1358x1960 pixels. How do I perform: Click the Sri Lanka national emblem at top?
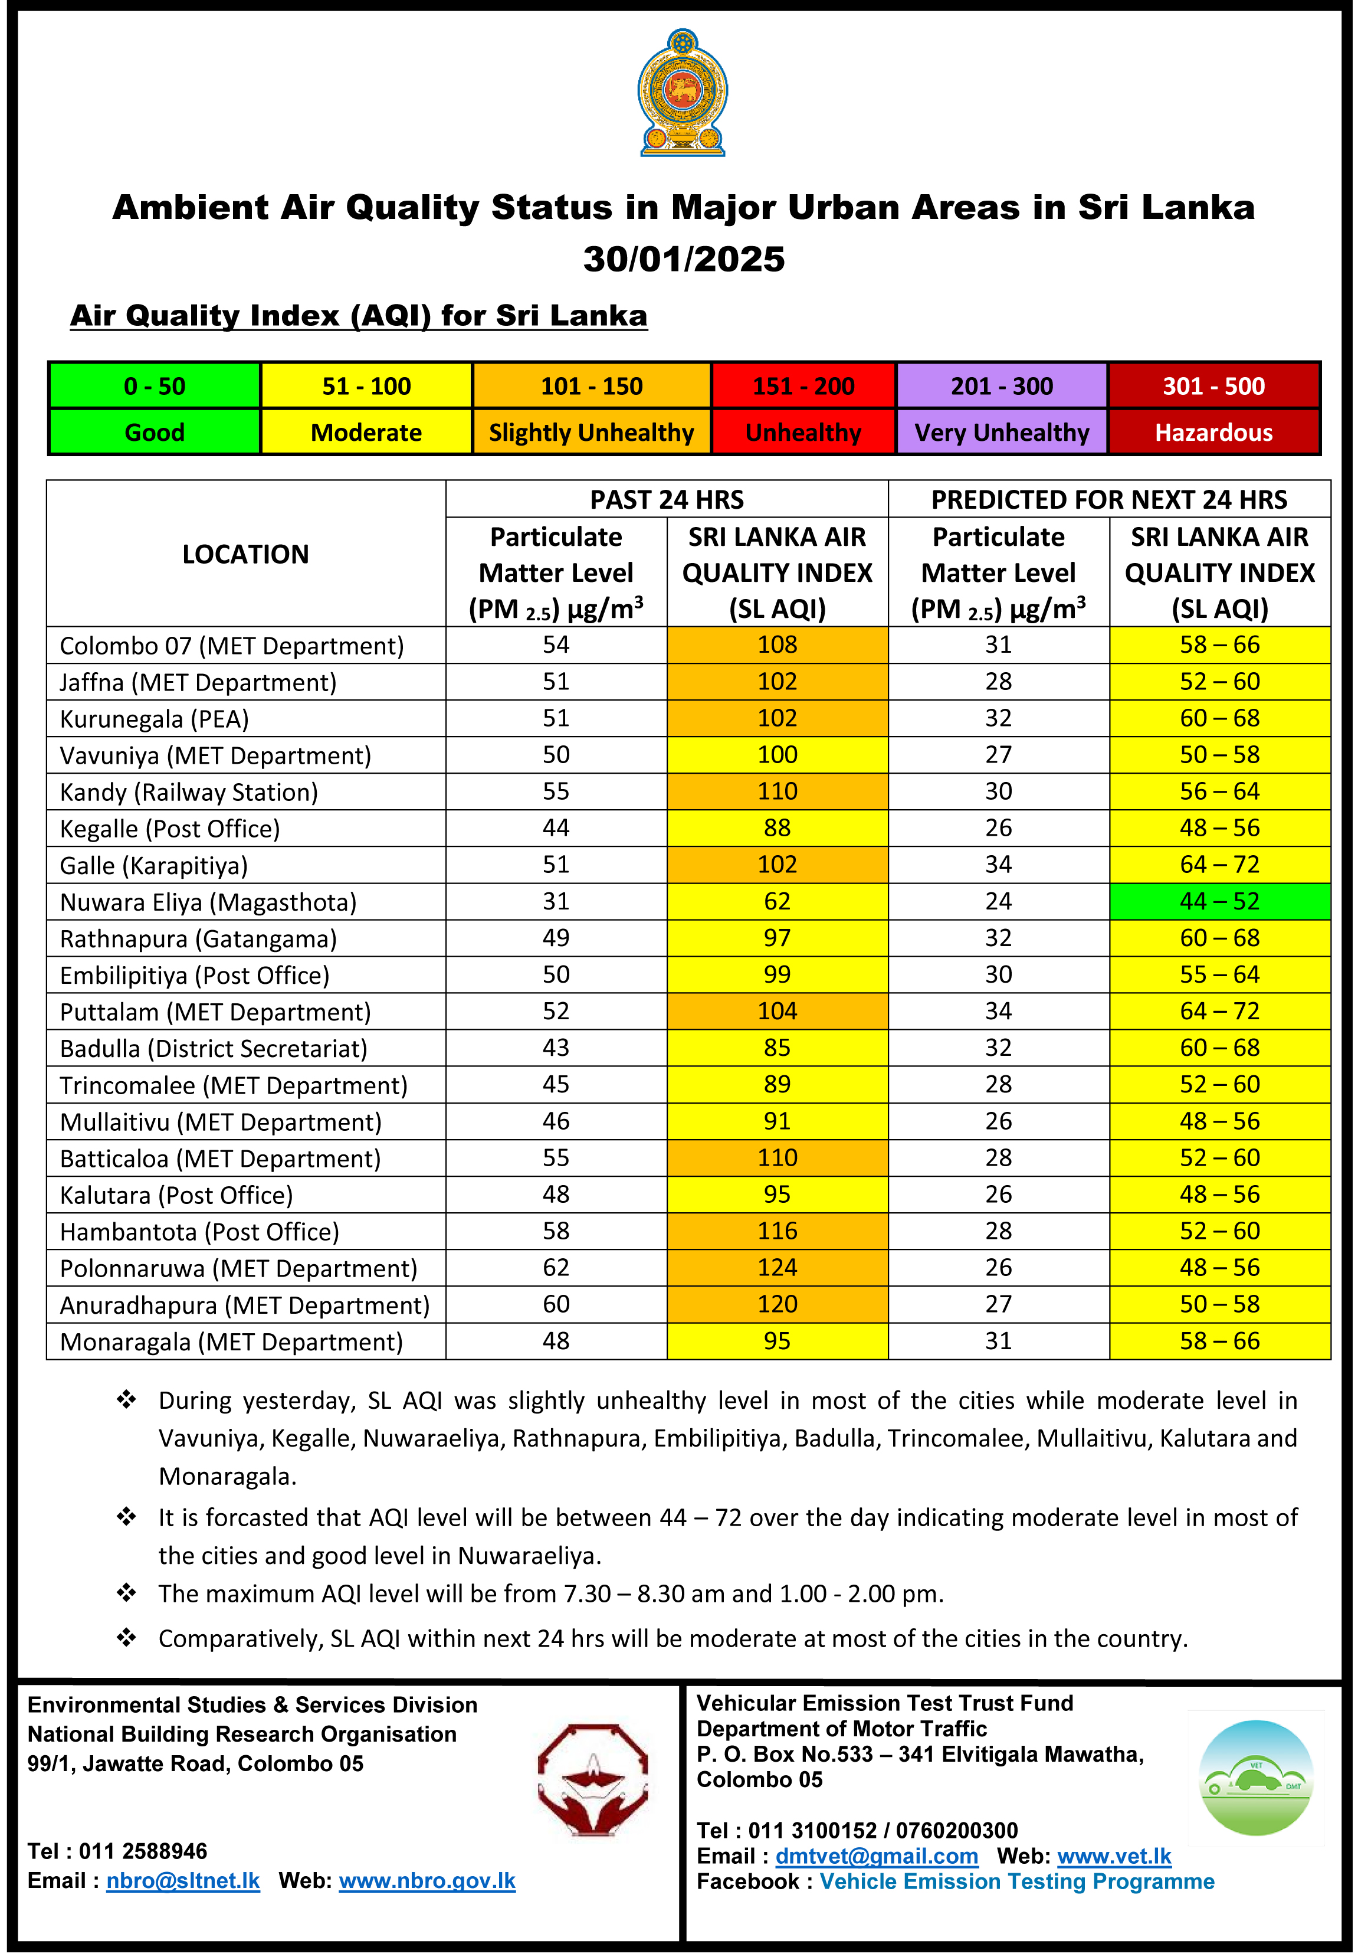[x=683, y=94]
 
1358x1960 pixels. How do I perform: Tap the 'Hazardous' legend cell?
[x=1213, y=433]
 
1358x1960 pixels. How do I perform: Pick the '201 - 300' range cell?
[x=1002, y=387]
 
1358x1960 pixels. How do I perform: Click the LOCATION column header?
[x=246, y=554]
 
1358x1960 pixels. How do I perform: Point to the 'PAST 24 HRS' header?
[x=667, y=499]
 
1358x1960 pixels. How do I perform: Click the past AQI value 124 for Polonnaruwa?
[x=777, y=1267]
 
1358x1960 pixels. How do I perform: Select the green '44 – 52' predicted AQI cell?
[x=1219, y=901]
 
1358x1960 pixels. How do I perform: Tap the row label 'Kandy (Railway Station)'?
[x=189, y=793]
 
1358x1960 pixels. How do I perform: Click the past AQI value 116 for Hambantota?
[x=777, y=1231]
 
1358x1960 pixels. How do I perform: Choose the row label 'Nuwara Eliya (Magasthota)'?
[x=208, y=902]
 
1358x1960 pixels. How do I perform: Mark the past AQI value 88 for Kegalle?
[x=777, y=828]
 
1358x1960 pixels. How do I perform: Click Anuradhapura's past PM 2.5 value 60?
[x=556, y=1304]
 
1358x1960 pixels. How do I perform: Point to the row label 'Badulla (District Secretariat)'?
[x=214, y=1049]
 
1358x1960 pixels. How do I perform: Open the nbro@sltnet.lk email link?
[x=183, y=1881]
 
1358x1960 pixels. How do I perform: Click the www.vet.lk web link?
[x=1114, y=1856]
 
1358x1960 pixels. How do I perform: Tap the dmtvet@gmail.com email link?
[x=877, y=1856]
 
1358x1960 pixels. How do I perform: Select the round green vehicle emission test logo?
[x=1256, y=1777]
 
